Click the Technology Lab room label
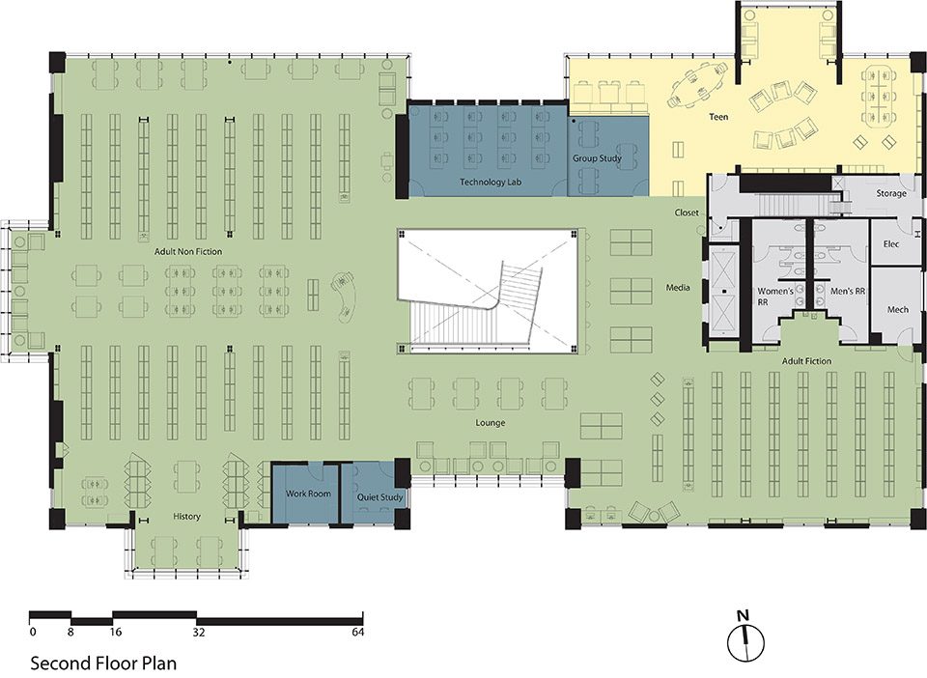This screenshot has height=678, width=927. click(491, 183)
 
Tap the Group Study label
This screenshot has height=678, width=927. click(597, 158)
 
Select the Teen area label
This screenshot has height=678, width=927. click(718, 117)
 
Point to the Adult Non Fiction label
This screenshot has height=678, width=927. click(188, 252)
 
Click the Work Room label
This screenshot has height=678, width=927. click(308, 493)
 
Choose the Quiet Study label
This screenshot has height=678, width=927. click(379, 497)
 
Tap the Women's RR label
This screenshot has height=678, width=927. click(775, 297)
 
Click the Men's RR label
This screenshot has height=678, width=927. click(848, 292)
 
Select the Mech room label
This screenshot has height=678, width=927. click(897, 310)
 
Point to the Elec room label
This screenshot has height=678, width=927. click(891, 243)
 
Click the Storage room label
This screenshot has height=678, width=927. click(891, 193)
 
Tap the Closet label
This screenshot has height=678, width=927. click(687, 212)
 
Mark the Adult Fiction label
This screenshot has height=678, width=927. click(806, 361)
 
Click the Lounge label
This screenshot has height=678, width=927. click(491, 423)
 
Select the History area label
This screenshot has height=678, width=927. click(186, 517)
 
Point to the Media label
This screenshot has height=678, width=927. click(678, 288)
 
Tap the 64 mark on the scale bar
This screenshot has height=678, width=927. click(357, 633)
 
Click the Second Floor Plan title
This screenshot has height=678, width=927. click(103, 663)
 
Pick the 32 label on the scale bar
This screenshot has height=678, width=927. click(199, 633)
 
